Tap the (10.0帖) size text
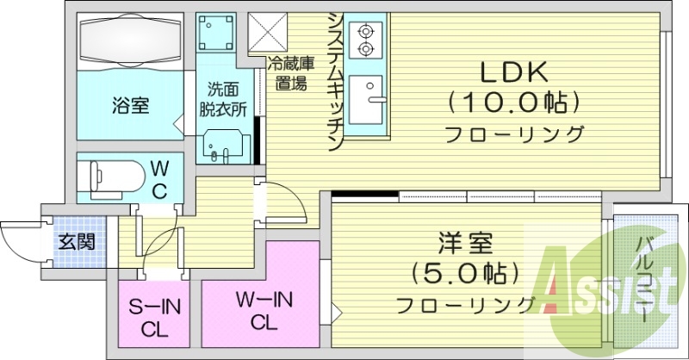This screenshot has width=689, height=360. pos(513,103)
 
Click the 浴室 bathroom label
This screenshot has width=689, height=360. pos(130,107)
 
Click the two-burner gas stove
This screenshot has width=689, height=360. pos(369,38)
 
